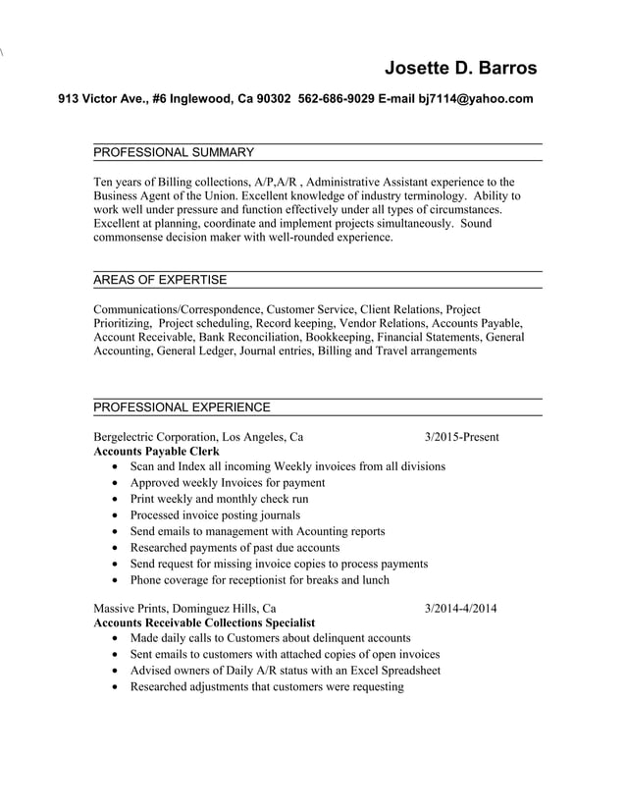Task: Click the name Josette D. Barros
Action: click(460, 69)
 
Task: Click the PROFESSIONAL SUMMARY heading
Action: click(174, 152)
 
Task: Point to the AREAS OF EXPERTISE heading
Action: click(160, 280)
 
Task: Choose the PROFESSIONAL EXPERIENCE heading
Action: click(182, 407)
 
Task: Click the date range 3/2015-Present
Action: click(461, 436)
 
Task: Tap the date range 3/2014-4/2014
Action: click(461, 608)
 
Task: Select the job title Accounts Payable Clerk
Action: click(156, 452)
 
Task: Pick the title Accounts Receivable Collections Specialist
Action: click(204, 623)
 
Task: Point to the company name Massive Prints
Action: click(130, 608)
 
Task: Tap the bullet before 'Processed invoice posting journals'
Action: click(119, 515)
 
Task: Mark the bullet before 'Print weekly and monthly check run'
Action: click(119, 500)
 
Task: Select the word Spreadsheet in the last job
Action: click(406, 671)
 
